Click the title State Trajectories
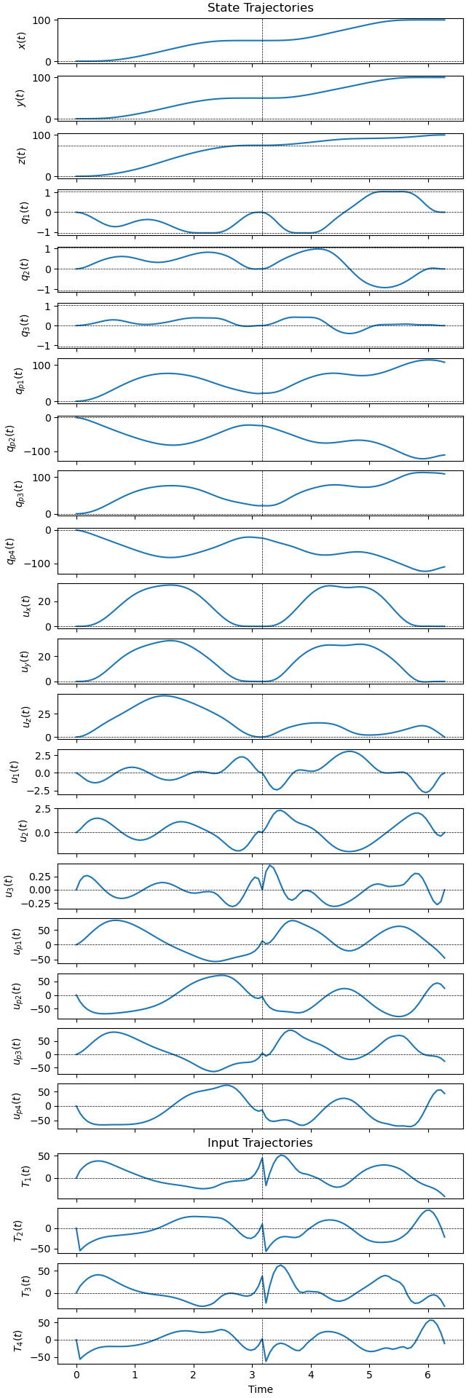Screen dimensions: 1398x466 click(260, 8)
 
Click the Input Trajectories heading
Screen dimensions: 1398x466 click(260, 1143)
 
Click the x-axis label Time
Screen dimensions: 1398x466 click(260, 1389)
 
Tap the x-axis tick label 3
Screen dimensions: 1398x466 click(252, 1375)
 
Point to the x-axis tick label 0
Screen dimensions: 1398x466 click(76, 1375)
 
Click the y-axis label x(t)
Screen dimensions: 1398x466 click(22, 41)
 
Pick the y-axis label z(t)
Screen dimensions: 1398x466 click(22, 156)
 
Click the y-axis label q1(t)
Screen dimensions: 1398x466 click(22, 213)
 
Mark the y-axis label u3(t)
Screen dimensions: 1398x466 click(10, 886)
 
